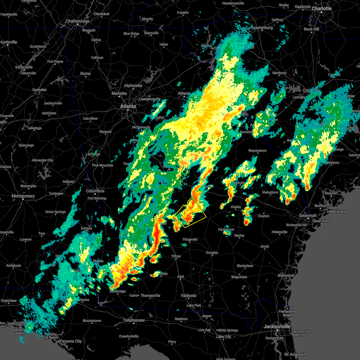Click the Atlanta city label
coord(128,106)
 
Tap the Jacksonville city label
coord(277,326)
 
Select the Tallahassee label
coord(134,320)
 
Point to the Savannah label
coord(308,215)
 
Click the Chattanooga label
coord(77,21)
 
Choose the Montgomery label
coord(23,196)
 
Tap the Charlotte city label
coord(321,8)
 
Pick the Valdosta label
coord(188,295)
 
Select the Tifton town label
coord(176,256)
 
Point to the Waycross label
coord(239,277)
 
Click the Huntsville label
coord(8,42)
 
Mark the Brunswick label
coord(286,275)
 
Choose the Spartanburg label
coord(262,28)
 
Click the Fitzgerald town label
coord(190,239)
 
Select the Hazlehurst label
coord(226,229)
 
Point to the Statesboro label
coord(270,192)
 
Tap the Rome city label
coord(85,73)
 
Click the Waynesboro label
coord(257,151)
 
